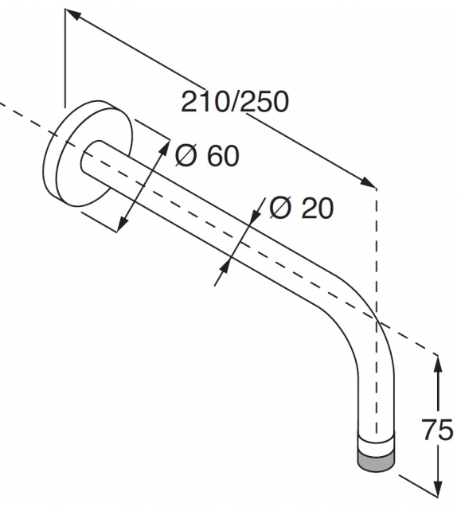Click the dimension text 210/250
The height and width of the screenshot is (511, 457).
coord(234,102)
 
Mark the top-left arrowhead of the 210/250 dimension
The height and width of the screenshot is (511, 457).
coord(71,14)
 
